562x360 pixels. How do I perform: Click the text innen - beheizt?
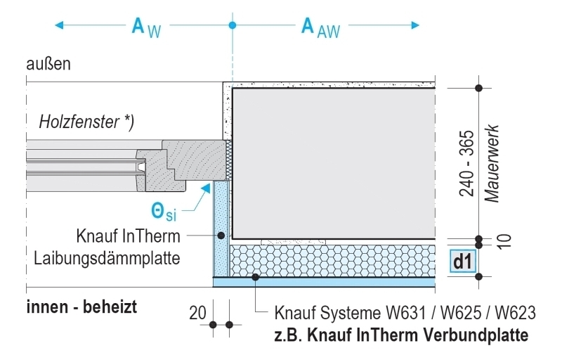(x=81, y=307)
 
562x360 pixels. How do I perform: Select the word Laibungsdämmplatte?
(x=107, y=258)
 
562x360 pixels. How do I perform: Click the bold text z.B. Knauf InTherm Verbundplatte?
(x=401, y=335)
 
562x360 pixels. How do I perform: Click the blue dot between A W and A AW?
(x=233, y=26)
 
